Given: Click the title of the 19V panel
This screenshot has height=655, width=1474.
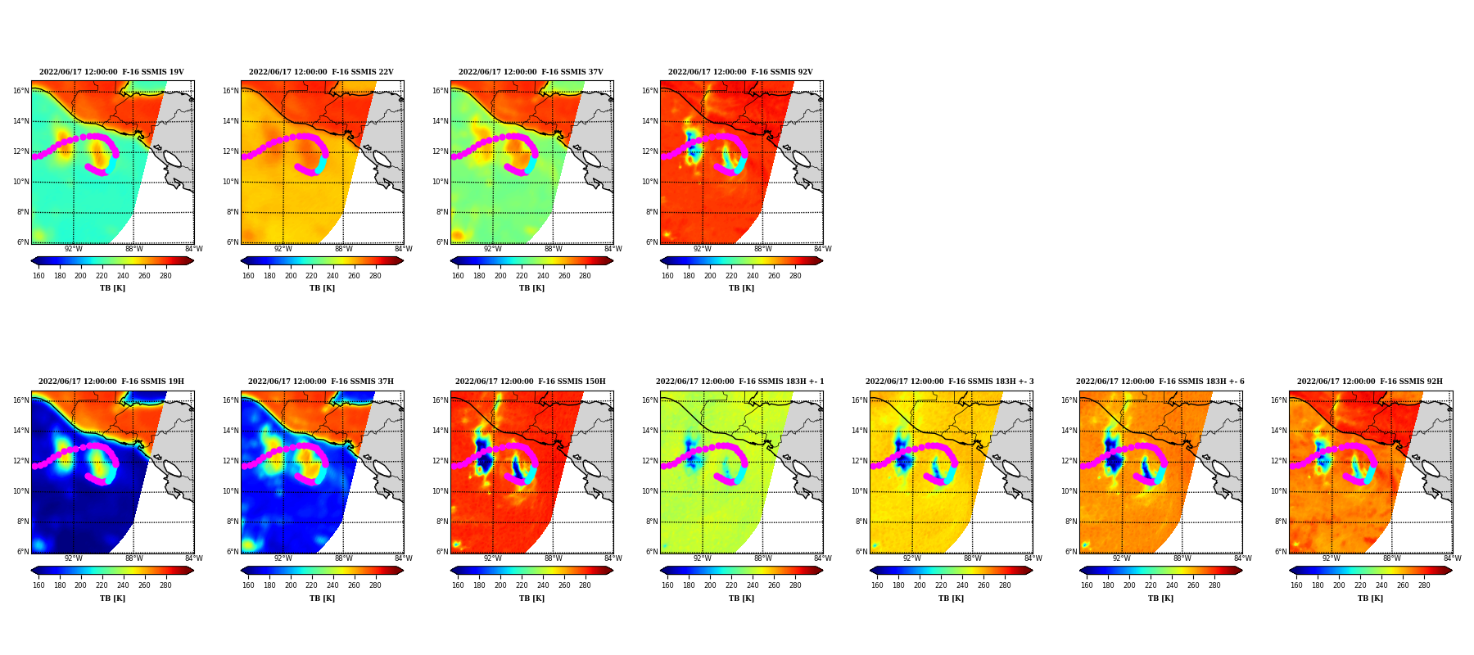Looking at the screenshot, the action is [x=111, y=72].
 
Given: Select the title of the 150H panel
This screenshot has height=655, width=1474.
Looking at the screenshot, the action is [x=531, y=382].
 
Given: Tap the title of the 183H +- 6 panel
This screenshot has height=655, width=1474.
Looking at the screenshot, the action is [x=1160, y=382].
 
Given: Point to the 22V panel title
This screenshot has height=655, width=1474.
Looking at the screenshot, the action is [x=321, y=72].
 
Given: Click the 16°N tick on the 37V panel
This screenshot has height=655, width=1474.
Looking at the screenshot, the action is [x=441, y=91].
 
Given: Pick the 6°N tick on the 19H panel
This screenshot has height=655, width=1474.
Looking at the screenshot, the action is [x=23, y=552].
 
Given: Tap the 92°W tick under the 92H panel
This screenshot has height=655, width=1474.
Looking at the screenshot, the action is [x=1332, y=558].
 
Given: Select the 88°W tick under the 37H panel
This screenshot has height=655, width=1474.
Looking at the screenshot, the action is [x=343, y=558].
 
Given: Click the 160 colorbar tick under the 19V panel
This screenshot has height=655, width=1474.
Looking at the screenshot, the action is [x=38, y=276].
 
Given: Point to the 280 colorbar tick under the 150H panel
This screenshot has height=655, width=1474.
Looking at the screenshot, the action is [x=585, y=585].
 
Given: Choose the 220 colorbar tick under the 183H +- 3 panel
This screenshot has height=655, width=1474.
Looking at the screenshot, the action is [x=941, y=585].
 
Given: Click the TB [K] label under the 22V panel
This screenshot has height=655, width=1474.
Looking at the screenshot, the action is [x=322, y=288].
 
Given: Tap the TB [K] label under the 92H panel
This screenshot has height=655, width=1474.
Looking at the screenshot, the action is [x=1370, y=599].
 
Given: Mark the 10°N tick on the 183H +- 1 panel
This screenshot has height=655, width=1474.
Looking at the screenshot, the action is [x=650, y=491].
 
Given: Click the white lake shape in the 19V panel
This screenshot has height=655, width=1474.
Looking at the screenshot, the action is [x=172, y=159].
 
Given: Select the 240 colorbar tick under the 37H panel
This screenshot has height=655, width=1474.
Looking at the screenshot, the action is [x=332, y=585].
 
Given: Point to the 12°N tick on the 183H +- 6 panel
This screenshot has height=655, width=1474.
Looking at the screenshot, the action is [x=1069, y=461].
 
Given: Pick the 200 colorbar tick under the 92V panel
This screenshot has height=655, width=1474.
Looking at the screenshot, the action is [x=709, y=276].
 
